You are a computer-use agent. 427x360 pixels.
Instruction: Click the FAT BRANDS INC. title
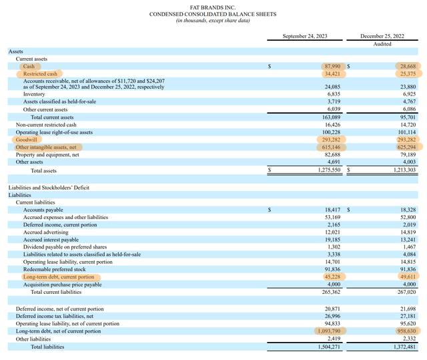tap(213, 7)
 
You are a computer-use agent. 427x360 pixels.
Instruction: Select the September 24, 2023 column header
tap(305, 36)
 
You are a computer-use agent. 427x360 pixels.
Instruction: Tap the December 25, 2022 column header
tap(382, 36)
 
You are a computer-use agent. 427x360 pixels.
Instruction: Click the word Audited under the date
tap(382, 44)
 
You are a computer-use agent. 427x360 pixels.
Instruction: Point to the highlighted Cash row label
tap(29, 66)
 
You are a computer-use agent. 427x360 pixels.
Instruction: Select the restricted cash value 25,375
tap(408, 73)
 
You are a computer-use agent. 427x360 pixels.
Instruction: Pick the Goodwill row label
tap(27, 140)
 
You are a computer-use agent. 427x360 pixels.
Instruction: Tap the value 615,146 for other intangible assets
tap(331, 147)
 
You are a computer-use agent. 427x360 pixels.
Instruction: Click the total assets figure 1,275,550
tap(329, 170)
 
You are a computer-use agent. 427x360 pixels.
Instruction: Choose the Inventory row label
tap(34, 94)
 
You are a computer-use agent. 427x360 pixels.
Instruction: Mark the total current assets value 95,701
tap(408, 117)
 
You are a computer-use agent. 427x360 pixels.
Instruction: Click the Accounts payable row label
tap(43, 210)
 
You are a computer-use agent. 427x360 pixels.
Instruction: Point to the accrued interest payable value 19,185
tap(332, 240)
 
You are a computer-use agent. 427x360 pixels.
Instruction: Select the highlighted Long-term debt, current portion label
tap(59, 277)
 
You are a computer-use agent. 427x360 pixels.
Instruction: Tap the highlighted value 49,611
tap(408, 277)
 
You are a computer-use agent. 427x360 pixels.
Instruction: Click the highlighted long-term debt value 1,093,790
tap(329, 331)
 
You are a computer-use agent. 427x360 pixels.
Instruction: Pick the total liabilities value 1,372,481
tap(405, 347)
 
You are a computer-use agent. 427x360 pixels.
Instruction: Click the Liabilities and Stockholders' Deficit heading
tap(49, 188)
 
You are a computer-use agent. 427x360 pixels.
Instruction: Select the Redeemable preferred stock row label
tap(55, 269)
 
